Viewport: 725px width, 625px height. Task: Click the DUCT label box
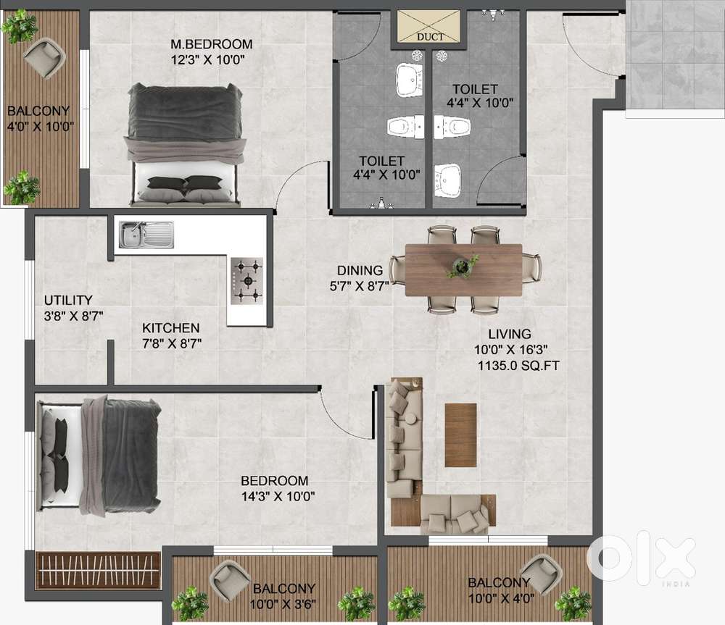(429, 26)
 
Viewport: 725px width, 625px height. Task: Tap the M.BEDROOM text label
(211, 44)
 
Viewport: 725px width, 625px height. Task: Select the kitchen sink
(146, 235)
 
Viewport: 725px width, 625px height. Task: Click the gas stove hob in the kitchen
(247, 281)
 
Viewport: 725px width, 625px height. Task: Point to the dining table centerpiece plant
(461, 266)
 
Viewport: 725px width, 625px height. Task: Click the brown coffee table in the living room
(460, 435)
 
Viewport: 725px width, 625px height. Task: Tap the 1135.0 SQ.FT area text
(518, 366)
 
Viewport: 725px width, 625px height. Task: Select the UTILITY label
(68, 301)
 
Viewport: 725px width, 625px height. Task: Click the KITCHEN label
(170, 328)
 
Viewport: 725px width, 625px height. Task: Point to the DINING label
(360, 270)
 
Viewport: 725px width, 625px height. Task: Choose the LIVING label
(510, 334)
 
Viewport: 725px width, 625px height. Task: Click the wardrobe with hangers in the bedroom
(98, 571)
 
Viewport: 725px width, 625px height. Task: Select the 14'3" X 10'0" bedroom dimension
(278, 497)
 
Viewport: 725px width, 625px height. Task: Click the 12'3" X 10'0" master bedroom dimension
(207, 60)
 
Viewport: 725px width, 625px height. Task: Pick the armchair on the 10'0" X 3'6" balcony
(230, 579)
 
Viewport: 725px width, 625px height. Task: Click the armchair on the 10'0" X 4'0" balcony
(542, 575)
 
